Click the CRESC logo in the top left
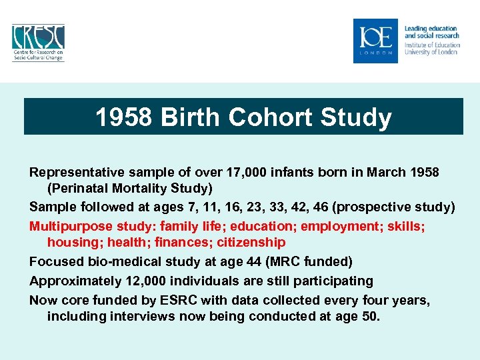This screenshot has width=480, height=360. point(38,42)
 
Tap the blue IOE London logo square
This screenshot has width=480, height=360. point(375,41)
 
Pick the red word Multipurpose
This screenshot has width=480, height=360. point(71,227)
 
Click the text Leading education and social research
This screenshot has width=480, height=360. point(431,31)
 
